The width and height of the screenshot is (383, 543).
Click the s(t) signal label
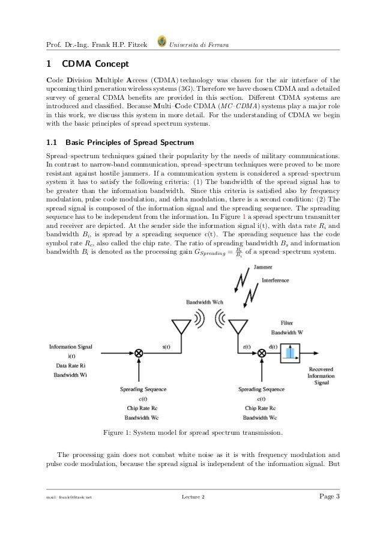(166, 346)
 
